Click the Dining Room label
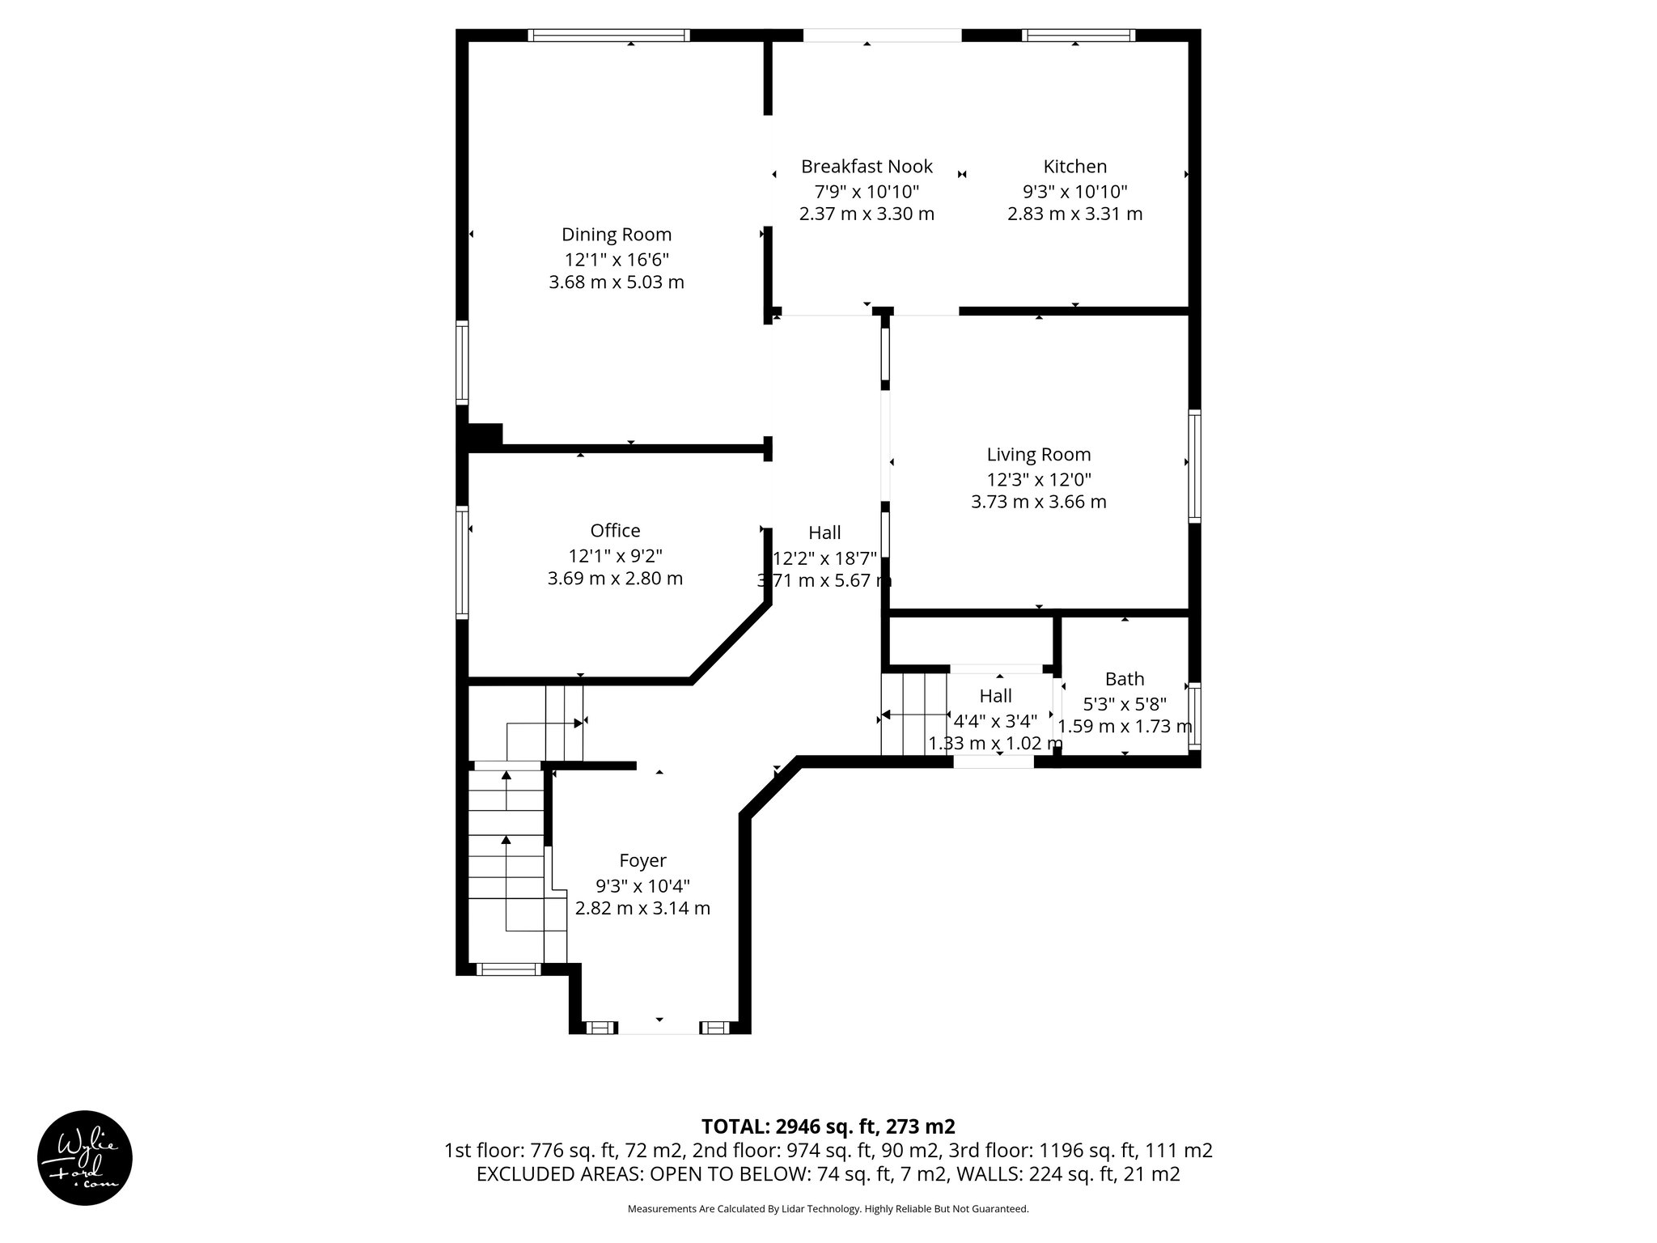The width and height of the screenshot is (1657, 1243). coord(617,235)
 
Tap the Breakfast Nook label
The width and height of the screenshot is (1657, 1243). coord(867,167)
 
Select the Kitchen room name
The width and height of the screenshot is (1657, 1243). coord(1074,167)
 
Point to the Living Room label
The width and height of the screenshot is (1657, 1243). coord(1038,455)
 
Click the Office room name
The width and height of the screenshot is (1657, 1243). coord(615,531)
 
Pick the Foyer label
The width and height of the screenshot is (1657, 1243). coord(642,861)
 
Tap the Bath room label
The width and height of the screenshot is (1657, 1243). coord(1125,679)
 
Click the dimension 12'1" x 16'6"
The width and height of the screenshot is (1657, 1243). coord(617,260)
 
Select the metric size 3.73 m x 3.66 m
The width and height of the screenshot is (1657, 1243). coord(1038,502)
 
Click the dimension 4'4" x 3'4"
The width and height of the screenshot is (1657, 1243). coord(995,720)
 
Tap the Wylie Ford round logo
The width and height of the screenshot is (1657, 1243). coord(85,1158)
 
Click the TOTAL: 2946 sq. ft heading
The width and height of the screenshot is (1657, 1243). coord(828,1126)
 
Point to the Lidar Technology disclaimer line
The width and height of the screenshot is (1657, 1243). coord(828,1209)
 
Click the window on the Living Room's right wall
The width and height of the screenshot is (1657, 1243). coord(1194,465)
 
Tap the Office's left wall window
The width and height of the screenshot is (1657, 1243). coord(462,562)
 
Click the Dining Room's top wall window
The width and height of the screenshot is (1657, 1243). coord(608,35)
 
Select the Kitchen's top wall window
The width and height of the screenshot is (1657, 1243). coord(1078,35)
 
